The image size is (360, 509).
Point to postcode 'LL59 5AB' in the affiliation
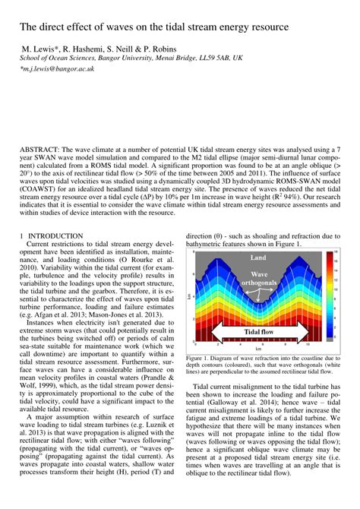pyautogui.click(x=212, y=57)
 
